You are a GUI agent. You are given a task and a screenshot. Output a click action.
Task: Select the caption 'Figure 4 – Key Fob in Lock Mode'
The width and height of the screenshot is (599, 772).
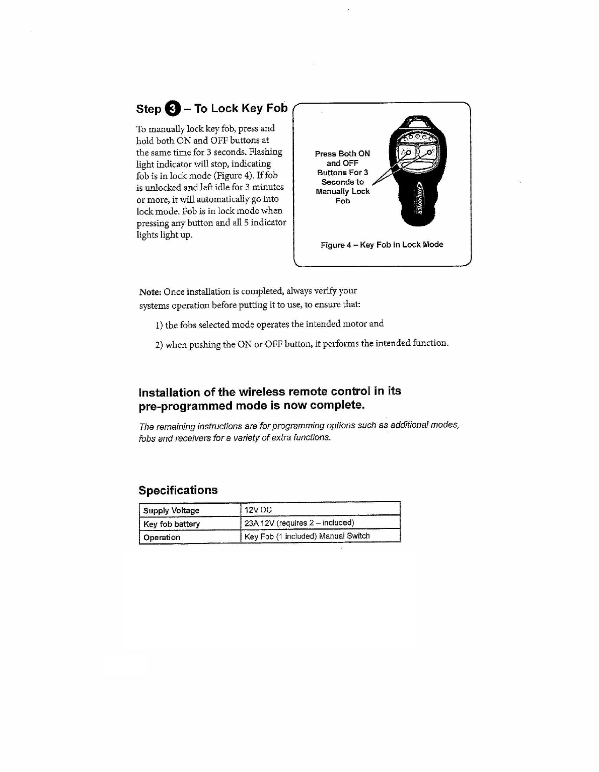[x=382, y=245]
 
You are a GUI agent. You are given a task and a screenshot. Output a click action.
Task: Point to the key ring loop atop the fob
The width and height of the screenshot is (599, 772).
[x=416, y=123]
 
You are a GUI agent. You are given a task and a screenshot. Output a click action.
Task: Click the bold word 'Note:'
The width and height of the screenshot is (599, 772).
[x=150, y=292]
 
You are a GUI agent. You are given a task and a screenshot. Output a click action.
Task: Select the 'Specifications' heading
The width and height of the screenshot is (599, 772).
[x=178, y=490]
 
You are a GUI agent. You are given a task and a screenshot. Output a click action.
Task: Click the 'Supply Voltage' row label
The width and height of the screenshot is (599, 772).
[x=171, y=510]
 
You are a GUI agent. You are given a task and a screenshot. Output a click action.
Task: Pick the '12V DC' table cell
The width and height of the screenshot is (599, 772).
[x=258, y=510]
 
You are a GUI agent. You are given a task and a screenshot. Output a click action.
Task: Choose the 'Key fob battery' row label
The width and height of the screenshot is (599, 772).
[x=171, y=524]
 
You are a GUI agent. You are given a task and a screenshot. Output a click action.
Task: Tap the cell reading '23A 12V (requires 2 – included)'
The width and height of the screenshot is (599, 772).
[x=299, y=523]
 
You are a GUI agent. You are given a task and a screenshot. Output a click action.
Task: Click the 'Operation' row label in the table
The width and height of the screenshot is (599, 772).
[x=162, y=537]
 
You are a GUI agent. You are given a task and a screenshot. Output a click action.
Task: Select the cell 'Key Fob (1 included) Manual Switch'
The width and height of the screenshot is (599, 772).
[x=307, y=536]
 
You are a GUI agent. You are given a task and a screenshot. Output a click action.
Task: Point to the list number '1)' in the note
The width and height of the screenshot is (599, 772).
[x=159, y=325]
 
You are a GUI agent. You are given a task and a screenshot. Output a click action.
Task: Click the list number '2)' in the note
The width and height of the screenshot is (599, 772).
[x=159, y=345]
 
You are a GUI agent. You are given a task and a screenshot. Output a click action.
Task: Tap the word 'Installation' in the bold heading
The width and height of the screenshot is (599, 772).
[x=169, y=393]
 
